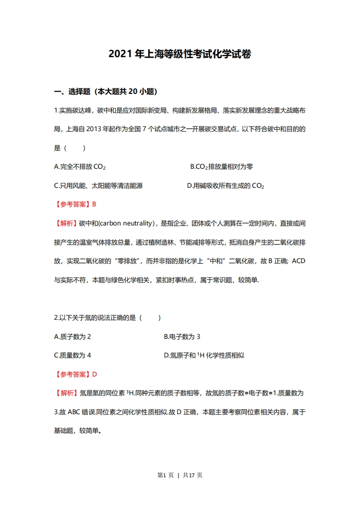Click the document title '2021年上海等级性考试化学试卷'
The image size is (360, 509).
[180, 54]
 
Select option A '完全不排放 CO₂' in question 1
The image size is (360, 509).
[80, 166]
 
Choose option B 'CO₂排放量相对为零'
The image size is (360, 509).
[222, 166]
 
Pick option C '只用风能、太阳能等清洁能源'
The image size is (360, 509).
[99, 186]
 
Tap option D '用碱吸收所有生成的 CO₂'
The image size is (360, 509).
[226, 186]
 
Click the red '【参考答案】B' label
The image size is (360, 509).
[75, 204]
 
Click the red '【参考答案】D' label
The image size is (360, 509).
[76, 374]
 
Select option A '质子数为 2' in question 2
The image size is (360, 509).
[73, 337]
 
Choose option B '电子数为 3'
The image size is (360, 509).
[182, 337]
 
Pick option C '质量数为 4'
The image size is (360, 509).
[73, 355]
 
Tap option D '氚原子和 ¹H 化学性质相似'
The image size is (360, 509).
[204, 355]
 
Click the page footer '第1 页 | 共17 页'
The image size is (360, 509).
[180, 475]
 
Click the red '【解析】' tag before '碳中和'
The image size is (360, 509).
[66, 223]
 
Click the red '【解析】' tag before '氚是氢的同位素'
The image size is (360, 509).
[66, 393]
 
